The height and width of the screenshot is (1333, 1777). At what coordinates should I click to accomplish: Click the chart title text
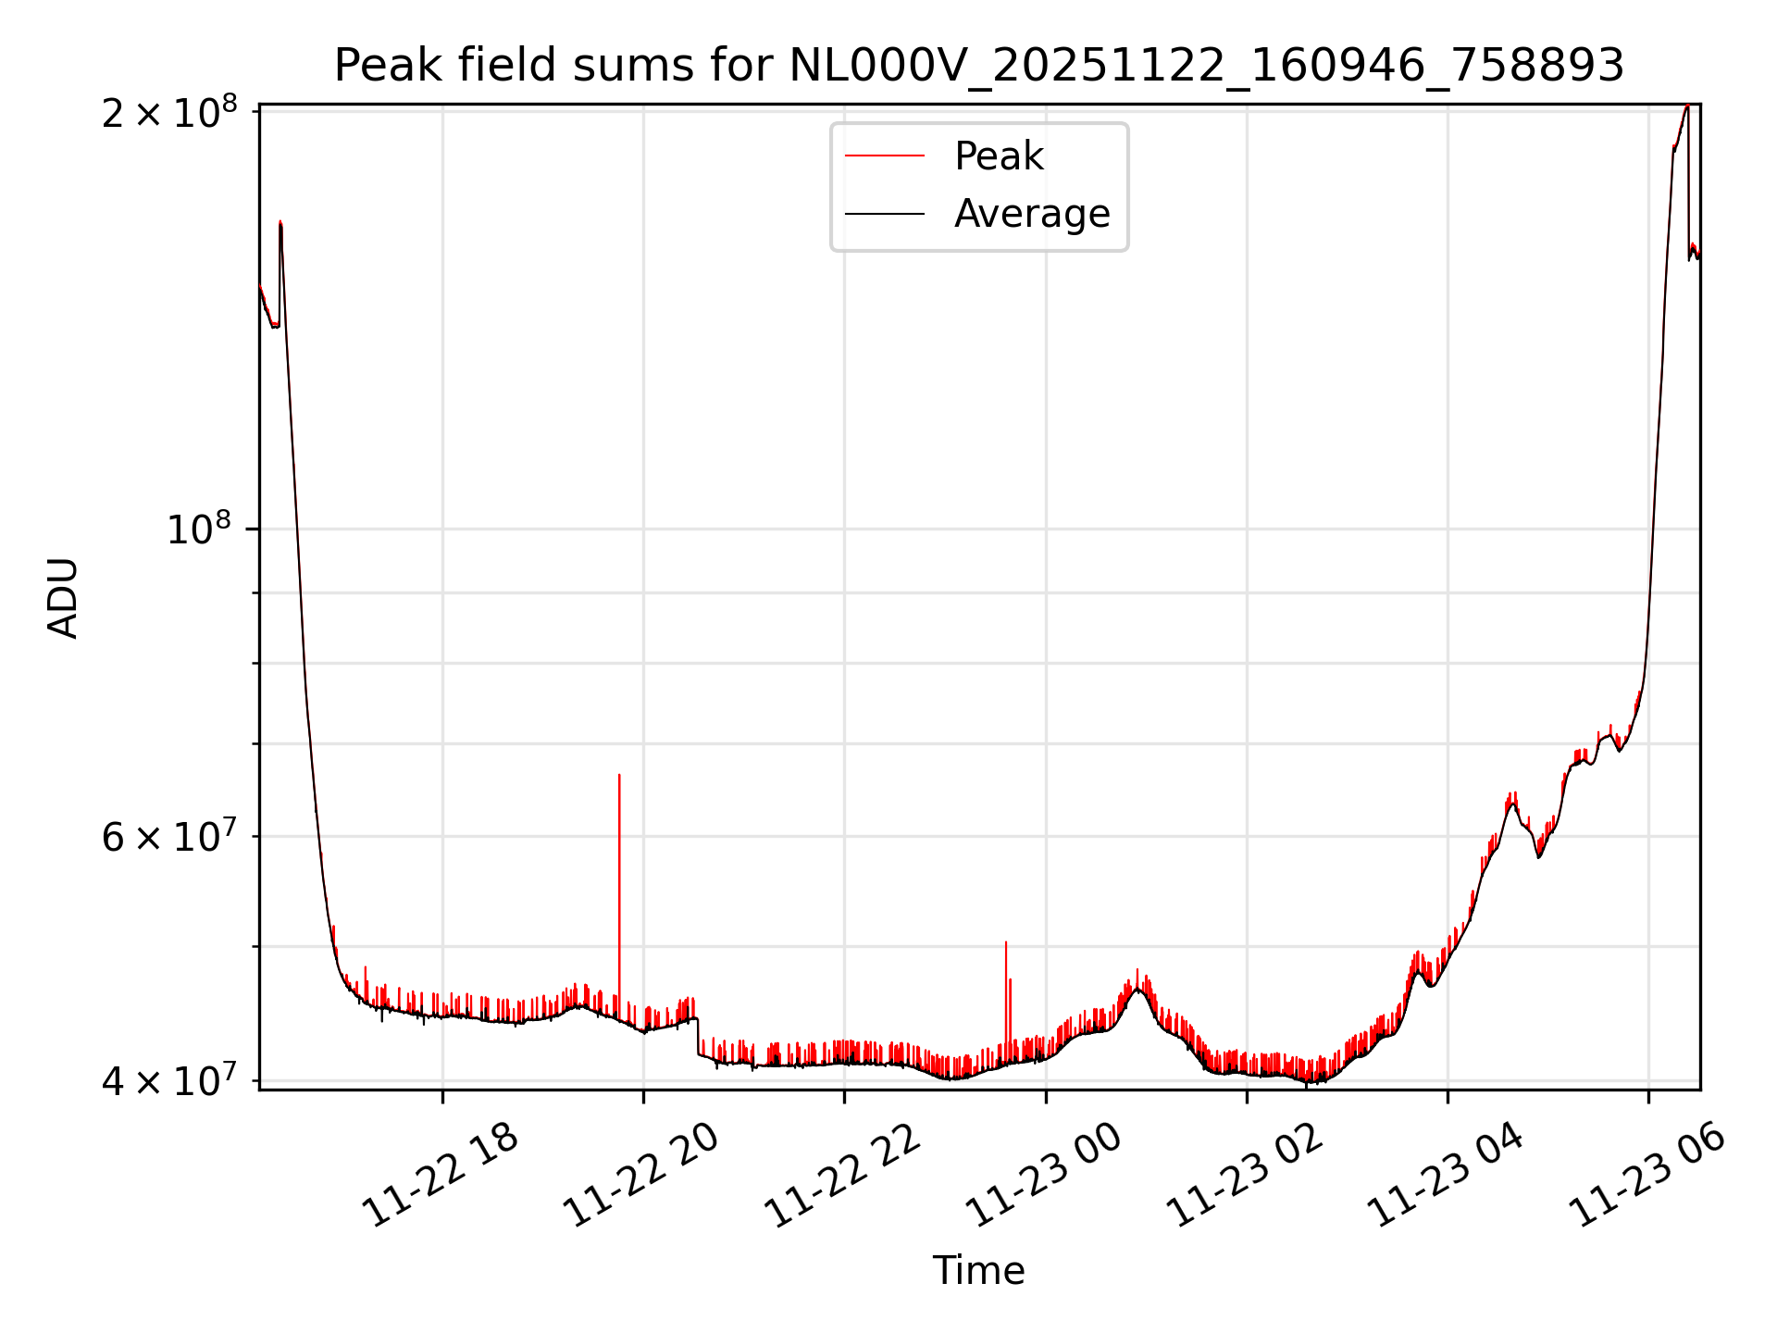pos(978,66)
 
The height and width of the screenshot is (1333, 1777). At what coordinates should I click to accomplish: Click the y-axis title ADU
pos(63,598)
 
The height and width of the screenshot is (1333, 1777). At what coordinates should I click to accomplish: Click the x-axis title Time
pos(978,1270)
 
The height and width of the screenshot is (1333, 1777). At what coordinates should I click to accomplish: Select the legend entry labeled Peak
pos(999,156)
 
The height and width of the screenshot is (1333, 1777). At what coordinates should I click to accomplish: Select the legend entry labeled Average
pos(1031,214)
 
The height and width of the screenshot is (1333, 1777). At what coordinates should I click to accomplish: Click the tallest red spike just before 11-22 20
pos(619,833)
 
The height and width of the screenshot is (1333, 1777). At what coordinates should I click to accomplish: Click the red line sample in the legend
pos(884,156)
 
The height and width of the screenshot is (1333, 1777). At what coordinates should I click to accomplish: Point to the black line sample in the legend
pos(884,214)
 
